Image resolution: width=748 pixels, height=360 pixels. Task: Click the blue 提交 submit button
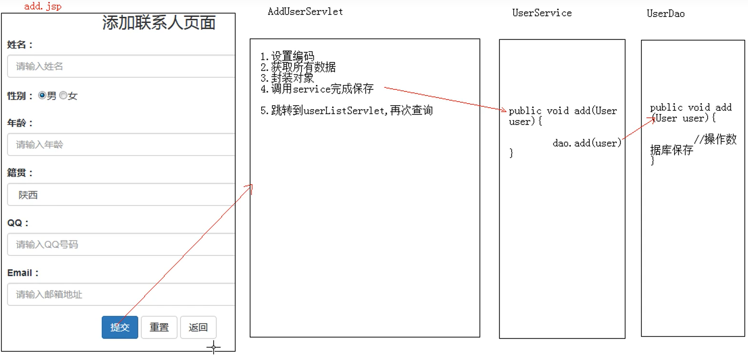click(x=120, y=327)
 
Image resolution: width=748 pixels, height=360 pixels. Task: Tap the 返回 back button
click(x=198, y=327)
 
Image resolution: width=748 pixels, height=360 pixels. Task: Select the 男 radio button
click(x=42, y=96)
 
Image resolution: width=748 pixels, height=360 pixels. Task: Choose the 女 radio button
click(x=63, y=96)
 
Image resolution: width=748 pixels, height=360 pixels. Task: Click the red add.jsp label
click(x=43, y=7)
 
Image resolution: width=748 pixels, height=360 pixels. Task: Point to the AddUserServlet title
click(x=305, y=12)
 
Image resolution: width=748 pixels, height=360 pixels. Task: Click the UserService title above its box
click(x=542, y=13)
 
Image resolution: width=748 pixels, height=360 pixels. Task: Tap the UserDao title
click(x=665, y=14)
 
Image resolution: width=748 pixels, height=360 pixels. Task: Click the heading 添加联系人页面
click(x=159, y=23)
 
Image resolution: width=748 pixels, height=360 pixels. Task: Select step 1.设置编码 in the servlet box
click(x=287, y=57)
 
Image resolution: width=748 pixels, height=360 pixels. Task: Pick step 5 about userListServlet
click(x=346, y=111)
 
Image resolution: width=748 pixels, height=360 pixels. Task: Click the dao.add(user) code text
click(x=587, y=143)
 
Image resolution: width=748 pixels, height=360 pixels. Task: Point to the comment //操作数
click(x=715, y=139)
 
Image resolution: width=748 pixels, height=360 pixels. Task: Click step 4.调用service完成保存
click(x=317, y=89)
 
